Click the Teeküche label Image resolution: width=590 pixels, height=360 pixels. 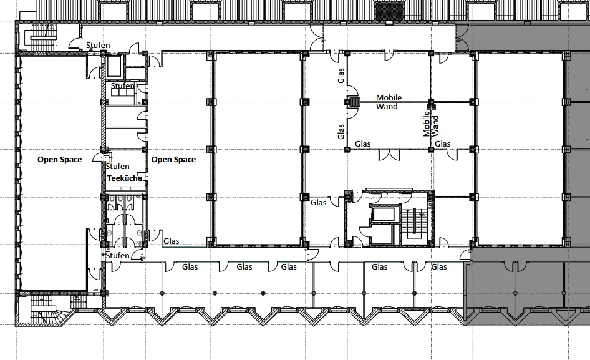125,178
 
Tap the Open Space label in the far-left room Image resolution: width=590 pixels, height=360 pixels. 59,160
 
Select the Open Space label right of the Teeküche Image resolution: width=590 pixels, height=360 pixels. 173,160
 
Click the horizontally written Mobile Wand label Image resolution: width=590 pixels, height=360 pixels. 389,102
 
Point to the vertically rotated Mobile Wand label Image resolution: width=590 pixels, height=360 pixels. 431,124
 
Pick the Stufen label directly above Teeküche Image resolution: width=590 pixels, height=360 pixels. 117,166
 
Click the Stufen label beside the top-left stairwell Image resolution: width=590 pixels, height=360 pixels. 98,45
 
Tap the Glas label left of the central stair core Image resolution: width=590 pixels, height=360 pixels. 318,203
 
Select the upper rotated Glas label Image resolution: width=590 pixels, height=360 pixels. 341,75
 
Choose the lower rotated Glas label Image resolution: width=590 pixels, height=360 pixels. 341,132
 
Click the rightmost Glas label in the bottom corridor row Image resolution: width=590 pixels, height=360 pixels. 438,266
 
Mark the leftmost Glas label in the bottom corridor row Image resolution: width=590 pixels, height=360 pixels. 190,266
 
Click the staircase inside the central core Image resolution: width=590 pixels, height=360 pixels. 414,225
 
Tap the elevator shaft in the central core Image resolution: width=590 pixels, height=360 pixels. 383,215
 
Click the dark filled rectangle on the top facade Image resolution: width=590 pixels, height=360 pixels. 389,11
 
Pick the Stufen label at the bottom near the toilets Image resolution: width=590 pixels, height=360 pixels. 117,255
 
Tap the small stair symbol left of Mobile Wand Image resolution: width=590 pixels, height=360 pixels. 354,102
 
